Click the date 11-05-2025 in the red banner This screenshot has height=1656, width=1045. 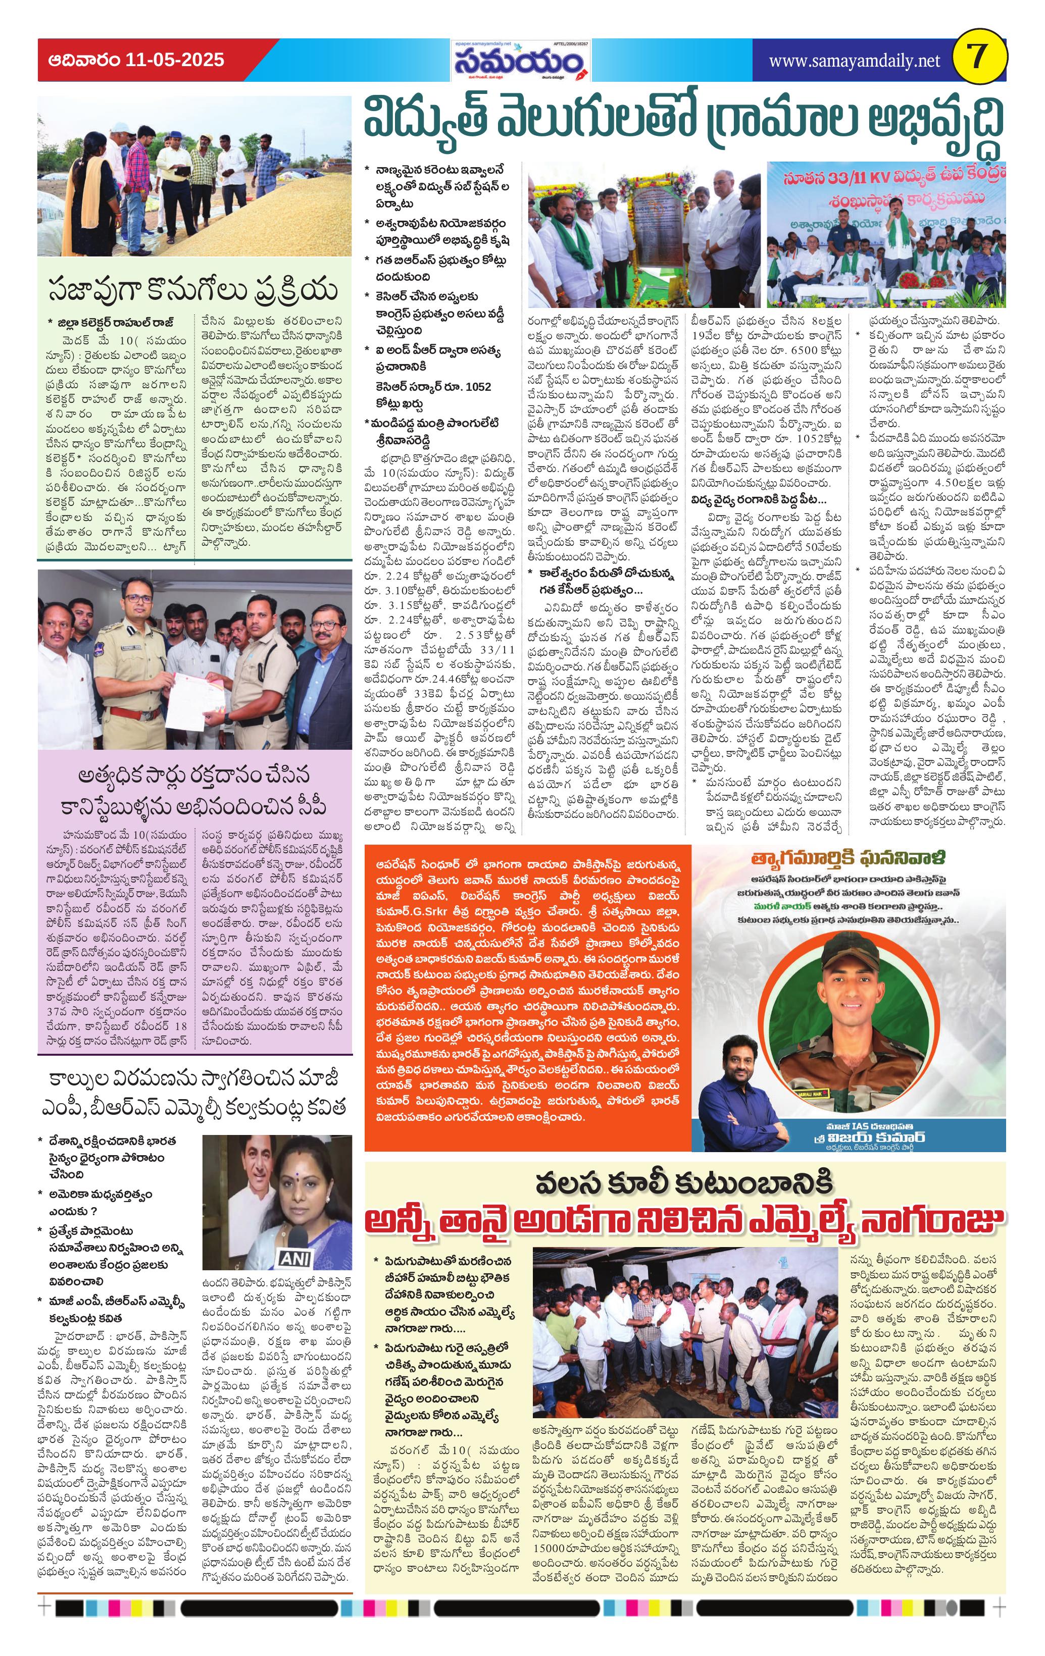[x=175, y=61]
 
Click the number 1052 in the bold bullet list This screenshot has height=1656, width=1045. [x=477, y=387]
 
